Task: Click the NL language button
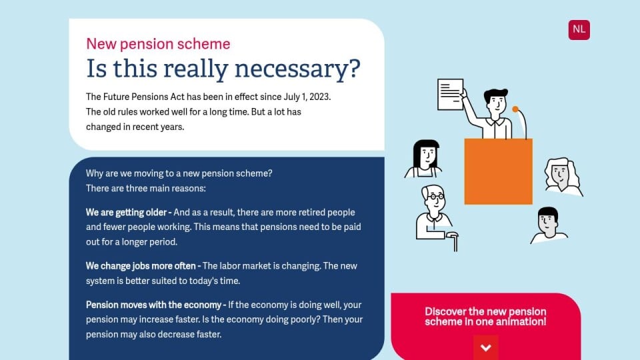coord(579,30)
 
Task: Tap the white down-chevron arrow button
coord(486,347)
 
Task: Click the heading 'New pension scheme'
coord(158,44)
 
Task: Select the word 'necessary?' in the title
coord(297,68)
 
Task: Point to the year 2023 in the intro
coord(320,97)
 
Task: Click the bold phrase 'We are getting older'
coord(126,213)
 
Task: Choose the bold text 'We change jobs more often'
coord(141,266)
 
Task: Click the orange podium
coord(499,171)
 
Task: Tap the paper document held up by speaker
coord(450,95)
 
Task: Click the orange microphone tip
coord(515,109)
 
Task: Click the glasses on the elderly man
coord(436,197)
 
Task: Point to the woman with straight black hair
coord(425,159)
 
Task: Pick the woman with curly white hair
coord(563,175)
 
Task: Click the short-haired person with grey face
coord(548,226)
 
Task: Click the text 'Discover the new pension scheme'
coord(485,316)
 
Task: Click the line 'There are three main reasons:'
coord(146,189)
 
